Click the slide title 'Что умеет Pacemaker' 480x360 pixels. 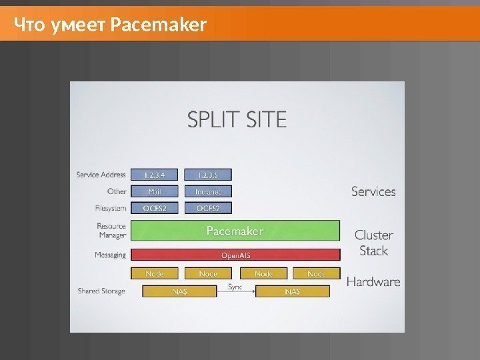tap(111, 26)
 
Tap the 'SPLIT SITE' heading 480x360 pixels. tap(237, 120)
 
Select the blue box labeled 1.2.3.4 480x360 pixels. tap(154, 175)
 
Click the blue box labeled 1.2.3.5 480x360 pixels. tap(208, 175)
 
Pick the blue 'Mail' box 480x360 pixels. tap(154, 191)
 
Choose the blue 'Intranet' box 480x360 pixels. tap(208, 191)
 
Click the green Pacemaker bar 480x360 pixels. tap(235, 231)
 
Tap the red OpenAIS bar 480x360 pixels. tap(235, 255)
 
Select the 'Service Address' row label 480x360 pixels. tap(101, 175)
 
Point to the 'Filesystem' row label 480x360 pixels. tap(110, 208)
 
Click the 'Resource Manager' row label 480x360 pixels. tap(111, 230)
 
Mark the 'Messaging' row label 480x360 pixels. tap(110, 255)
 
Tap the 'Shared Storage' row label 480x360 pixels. tap(101, 291)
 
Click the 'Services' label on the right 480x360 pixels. tap(373, 191)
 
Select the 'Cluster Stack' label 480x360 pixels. tap(374, 243)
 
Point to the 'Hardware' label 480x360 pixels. tap(373, 281)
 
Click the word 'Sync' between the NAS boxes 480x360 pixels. tap(235, 287)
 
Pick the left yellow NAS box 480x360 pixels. tap(179, 291)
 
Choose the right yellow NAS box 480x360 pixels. tap(292, 291)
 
